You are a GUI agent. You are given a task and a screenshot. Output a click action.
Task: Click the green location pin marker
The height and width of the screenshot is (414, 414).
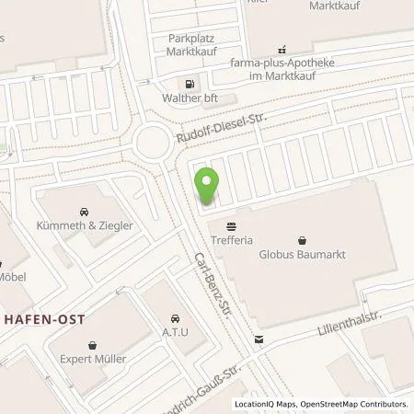[208, 187]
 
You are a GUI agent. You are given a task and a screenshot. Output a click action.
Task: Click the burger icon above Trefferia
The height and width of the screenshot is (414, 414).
[230, 224]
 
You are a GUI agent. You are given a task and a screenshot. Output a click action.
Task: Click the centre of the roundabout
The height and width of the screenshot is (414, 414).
[152, 143]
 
